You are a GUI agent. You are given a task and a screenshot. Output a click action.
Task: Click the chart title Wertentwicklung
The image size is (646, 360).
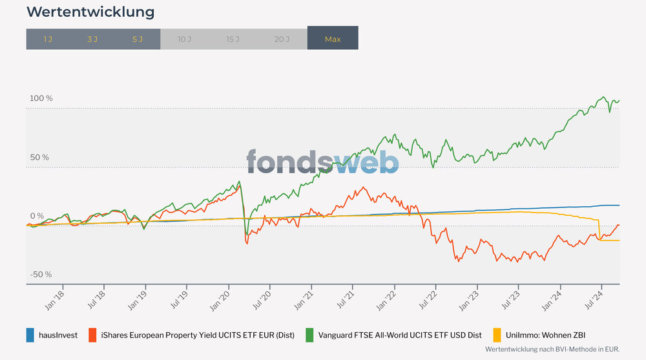[90, 12]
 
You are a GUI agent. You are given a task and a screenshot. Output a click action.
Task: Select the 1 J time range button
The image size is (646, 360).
[48, 39]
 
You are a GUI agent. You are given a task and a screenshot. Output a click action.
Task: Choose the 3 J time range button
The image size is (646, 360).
[92, 39]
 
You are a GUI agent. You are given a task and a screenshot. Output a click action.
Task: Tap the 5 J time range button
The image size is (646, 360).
[138, 39]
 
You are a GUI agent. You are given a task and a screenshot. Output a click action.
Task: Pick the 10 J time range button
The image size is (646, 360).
[184, 39]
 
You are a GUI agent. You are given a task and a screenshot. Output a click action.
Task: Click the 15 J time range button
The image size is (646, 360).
[233, 39]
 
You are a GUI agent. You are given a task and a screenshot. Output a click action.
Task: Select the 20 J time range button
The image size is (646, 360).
[282, 39]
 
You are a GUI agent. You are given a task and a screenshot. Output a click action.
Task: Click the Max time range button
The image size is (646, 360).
[333, 39]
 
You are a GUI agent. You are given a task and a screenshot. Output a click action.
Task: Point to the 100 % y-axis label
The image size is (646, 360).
[41, 98]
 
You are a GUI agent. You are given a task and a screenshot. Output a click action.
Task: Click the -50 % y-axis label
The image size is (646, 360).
[41, 275]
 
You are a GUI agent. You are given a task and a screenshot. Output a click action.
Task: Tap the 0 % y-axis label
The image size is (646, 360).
[37, 216]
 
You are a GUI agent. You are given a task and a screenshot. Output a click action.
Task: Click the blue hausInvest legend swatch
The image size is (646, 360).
[30, 335]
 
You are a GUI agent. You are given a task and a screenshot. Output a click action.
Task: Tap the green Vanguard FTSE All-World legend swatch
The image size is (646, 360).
[309, 335]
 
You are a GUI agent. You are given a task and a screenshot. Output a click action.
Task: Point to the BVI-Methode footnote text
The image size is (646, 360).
[552, 349]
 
